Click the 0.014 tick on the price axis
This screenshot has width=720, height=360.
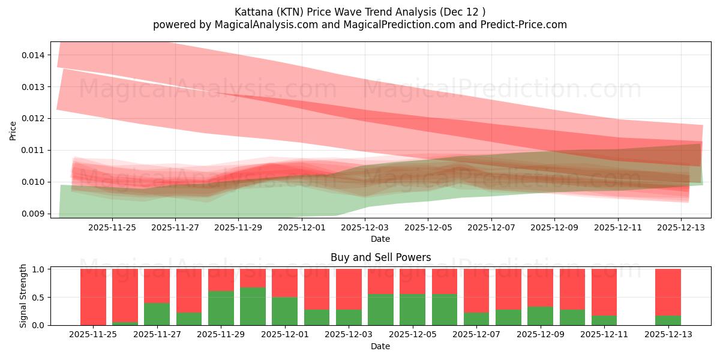(x=34, y=55)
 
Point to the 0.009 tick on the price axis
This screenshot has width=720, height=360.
(x=34, y=214)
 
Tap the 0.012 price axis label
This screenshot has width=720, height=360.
(x=34, y=118)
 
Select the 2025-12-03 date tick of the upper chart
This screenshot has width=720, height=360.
(x=364, y=227)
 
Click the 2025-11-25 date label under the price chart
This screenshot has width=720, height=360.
(x=112, y=227)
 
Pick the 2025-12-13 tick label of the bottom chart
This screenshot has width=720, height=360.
(x=668, y=335)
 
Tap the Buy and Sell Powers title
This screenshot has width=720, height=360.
(x=380, y=257)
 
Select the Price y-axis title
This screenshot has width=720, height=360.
(x=13, y=131)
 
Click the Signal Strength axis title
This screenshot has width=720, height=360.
(x=23, y=296)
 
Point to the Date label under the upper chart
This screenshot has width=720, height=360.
(x=380, y=239)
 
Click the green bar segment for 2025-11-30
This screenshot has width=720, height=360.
(x=253, y=306)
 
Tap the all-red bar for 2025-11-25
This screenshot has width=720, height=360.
(x=93, y=297)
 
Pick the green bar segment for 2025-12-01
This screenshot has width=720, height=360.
(x=284, y=311)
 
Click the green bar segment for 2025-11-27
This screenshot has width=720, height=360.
(x=157, y=314)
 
